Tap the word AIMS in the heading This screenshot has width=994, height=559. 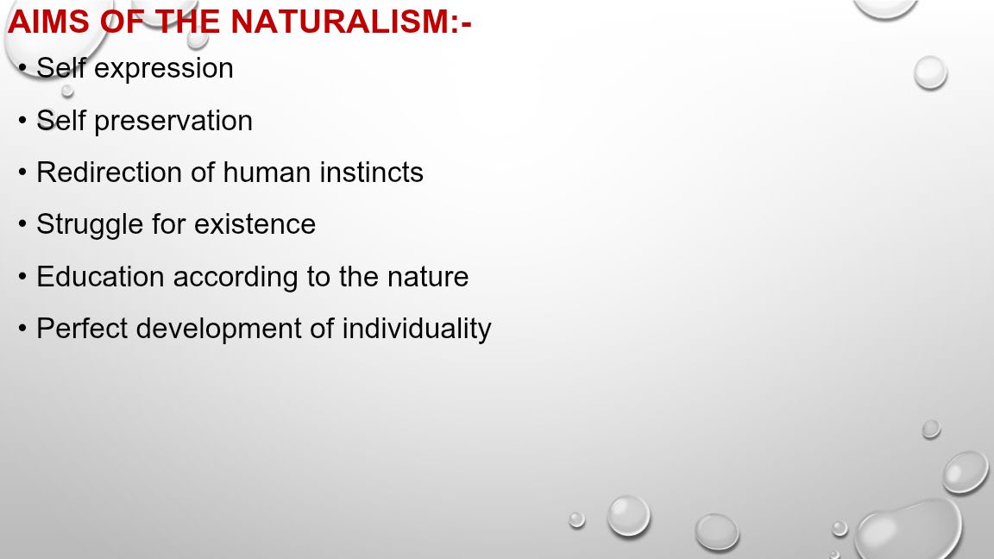coord(49,22)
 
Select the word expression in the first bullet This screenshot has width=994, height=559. coord(164,69)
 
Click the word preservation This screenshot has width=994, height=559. coord(173,122)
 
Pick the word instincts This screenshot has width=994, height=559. coord(372,173)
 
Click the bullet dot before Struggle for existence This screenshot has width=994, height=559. coord(22,224)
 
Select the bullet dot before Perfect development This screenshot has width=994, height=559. coord(22,329)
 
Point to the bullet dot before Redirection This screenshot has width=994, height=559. coord(22,173)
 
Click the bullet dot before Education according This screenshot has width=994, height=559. coord(22,276)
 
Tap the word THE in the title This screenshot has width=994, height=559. coord(187,22)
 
